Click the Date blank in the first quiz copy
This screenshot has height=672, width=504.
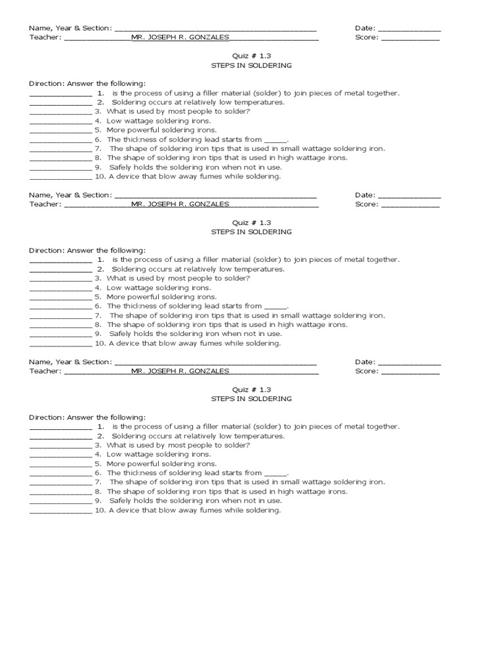[x=409, y=29]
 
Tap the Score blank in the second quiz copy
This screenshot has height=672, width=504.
[x=410, y=205]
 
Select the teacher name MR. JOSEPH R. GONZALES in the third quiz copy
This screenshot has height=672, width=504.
[x=180, y=371]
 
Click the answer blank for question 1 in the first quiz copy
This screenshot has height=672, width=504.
[x=61, y=94]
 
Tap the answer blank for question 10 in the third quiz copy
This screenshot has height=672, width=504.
[x=61, y=511]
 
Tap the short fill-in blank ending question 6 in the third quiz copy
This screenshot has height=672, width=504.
[x=276, y=473]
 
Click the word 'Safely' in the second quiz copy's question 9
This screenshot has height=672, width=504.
[x=121, y=334]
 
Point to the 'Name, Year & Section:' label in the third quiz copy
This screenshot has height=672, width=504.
[x=70, y=362]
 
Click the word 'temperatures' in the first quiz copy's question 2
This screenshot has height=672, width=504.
[x=260, y=102]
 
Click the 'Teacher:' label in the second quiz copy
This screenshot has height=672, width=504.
[x=45, y=204]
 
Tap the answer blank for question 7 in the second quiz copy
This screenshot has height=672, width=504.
[x=61, y=316]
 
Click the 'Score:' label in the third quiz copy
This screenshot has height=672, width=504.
[x=366, y=371]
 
